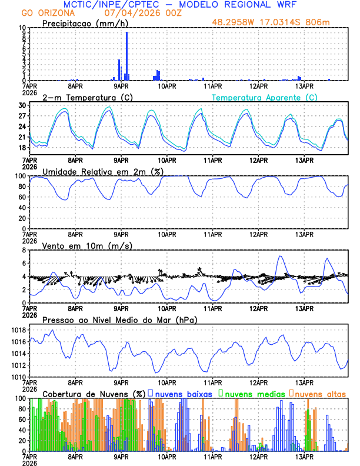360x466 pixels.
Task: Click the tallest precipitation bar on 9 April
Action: tap(126, 56)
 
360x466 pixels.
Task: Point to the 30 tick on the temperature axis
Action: tap(22, 105)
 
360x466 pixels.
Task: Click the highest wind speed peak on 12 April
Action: tap(281, 256)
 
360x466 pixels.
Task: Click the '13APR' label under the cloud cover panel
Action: tap(304, 456)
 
